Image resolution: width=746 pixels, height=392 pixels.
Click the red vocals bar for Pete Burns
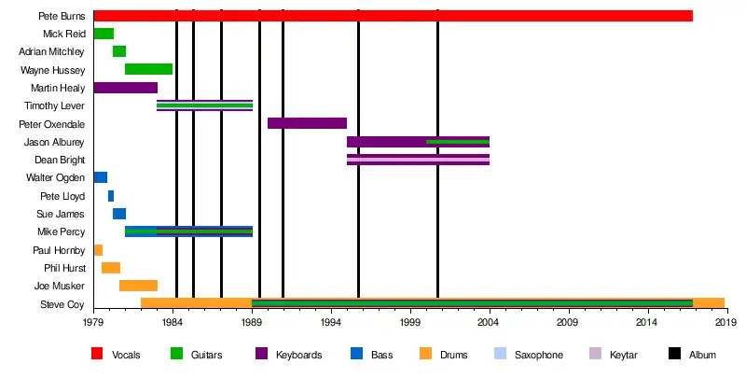[392, 16]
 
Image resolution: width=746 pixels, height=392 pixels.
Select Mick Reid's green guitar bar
[104, 34]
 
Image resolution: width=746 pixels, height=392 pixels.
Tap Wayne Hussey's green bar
[148, 69]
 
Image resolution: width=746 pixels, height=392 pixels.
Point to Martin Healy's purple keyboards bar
[125, 88]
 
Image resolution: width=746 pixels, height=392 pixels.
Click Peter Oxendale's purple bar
[307, 123]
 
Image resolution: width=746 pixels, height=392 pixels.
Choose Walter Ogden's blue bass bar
[100, 177]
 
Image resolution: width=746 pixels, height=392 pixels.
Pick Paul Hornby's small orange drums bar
[98, 250]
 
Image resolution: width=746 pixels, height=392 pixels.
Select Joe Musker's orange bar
[138, 286]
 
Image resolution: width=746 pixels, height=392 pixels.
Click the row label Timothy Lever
[54, 106]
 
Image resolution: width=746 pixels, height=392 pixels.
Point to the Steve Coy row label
[62, 304]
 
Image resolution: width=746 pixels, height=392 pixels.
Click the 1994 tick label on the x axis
[330, 322]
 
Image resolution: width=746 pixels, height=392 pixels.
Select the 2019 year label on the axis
[725, 322]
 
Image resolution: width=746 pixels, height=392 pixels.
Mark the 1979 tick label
[93, 322]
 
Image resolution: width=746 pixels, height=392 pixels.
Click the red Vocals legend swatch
[97, 355]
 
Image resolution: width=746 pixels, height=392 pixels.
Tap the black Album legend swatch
[675, 355]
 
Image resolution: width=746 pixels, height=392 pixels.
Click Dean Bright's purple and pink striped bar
[418, 160]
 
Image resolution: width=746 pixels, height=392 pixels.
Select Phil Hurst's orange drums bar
[111, 268]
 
